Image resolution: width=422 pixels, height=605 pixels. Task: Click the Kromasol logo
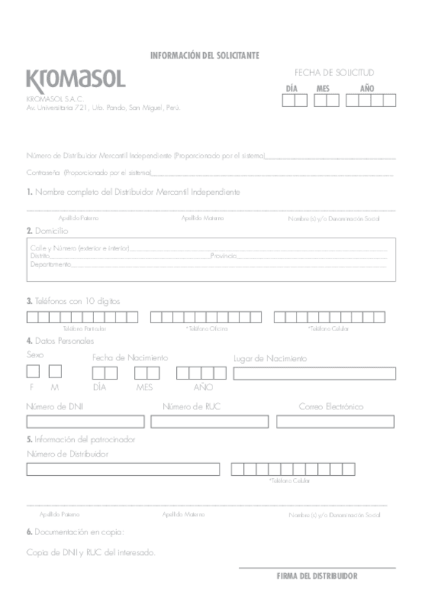[75, 78]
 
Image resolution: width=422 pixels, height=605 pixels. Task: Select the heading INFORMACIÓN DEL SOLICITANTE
[204, 56]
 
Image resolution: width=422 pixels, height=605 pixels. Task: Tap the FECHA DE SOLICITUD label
[334, 73]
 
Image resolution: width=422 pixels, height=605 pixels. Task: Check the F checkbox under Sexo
[33, 371]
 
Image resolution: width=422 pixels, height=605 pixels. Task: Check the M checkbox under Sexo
[55, 371]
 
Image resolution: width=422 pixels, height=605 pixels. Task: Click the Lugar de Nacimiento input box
[314, 373]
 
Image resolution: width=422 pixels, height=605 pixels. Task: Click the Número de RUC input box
[207, 422]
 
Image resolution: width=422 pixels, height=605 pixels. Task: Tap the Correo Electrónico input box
[335, 422]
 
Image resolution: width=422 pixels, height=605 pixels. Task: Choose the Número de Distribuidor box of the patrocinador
[123, 469]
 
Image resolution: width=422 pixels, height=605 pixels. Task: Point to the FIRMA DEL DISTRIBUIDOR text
[317, 576]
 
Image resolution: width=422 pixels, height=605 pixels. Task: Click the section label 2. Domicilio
[47, 231]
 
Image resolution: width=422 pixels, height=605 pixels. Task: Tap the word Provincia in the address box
[223, 255]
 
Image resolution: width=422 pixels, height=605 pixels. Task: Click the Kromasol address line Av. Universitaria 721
[103, 108]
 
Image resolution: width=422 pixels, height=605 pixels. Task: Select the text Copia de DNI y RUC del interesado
[91, 552]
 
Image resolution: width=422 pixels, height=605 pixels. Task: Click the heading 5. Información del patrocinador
[81, 439]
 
